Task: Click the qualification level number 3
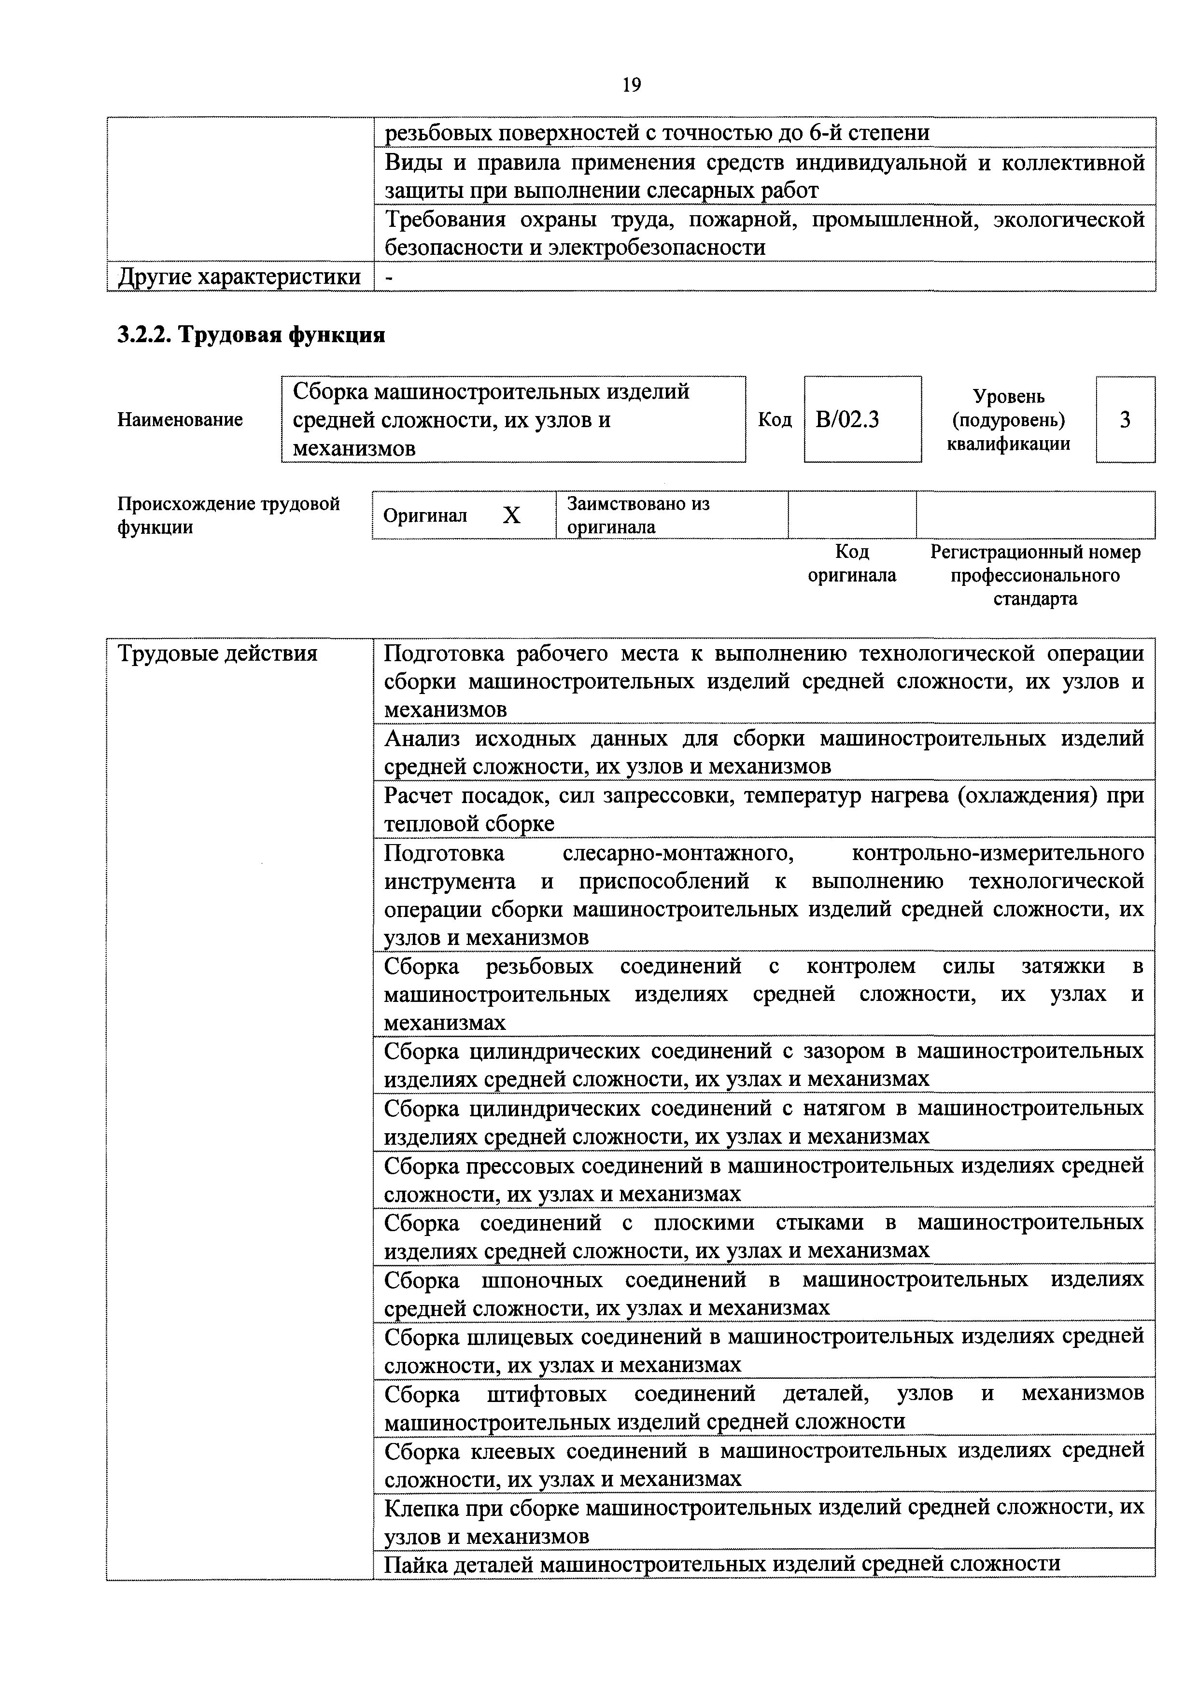tap(1125, 419)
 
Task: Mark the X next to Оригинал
tap(511, 515)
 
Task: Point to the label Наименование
tap(180, 419)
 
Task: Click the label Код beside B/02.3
tap(775, 419)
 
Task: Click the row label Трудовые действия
tap(218, 653)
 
